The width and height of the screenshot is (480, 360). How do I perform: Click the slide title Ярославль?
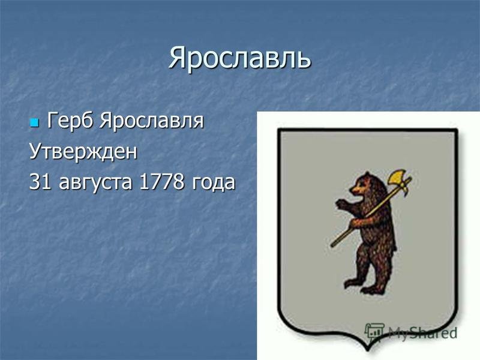(239, 58)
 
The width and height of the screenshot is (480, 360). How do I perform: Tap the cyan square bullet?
(34, 123)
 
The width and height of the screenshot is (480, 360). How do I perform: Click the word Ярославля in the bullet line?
(152, 122)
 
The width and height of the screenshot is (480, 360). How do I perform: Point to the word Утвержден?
(83, 152)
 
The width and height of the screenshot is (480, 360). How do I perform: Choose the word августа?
(95, 183)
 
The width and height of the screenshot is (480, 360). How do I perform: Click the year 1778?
(162, 182)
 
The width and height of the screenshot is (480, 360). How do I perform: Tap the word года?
(214, 183)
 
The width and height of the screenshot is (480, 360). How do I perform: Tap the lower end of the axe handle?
(332, 245)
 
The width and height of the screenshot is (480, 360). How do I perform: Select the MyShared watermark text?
(422, 333)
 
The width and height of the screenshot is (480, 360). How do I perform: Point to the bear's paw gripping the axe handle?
(355, 223)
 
